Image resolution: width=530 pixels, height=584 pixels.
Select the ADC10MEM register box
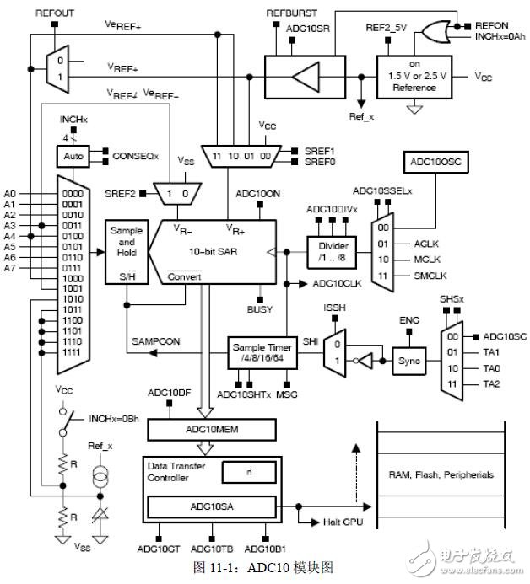click(x=211, y=431)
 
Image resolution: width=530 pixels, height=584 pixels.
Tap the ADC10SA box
click(x=211, y=506)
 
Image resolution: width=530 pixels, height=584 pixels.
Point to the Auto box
click(x=68, y=156)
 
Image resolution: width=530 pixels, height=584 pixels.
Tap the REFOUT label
click(x=53, y=14)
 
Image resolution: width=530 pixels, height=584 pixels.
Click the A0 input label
click(x=10, y=194)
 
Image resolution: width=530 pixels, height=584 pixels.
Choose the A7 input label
click(x=10, y=267)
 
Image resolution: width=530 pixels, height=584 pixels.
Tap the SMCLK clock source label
click(x=430, y=276)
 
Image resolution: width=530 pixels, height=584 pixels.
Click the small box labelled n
click(x=247, y=473)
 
